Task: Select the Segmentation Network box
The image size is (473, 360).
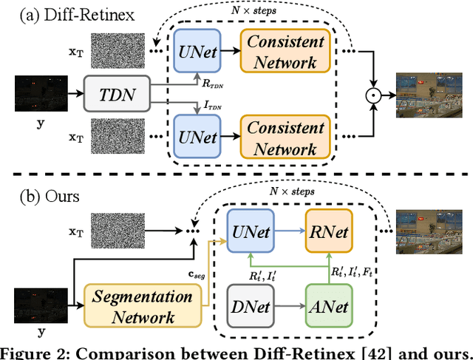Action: pos(142,308)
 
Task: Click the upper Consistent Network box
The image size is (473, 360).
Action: pos(286,52)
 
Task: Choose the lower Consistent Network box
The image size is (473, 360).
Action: pos(286,137)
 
